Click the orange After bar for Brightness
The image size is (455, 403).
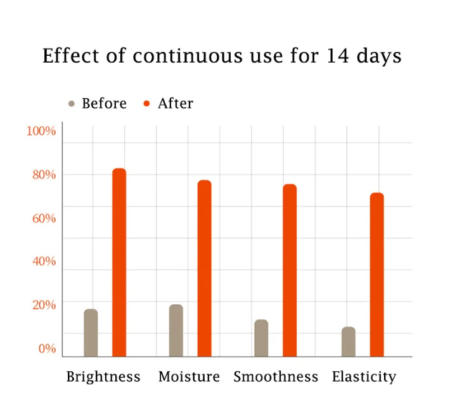(x=119, y=262)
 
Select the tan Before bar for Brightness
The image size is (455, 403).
(x=91, y=333)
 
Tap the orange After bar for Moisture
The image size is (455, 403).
(x=204, y=268)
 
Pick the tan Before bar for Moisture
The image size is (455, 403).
(x=176, y=330)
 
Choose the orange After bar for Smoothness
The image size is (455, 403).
(x=290, y=270)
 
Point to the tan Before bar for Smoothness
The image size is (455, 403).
(x=261, y=338)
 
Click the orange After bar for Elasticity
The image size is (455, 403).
(x=377, y=274)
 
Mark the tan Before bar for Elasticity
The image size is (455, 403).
(x=349, y=342)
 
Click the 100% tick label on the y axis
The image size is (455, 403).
(x=41, y=131)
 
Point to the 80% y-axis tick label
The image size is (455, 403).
(x=44, y=175)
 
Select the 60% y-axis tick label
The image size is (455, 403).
(x=44, y=219)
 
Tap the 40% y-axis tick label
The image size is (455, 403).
(x=44, y=262)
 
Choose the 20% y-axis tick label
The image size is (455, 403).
(x=44, y=305)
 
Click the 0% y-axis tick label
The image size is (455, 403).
(x=47, y=349)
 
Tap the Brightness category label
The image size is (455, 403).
(x=103, y=377)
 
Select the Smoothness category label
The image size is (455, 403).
(x=276, y=377)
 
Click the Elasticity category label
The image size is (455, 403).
(x=364, y=377)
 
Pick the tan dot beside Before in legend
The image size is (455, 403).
(x=72, y=104)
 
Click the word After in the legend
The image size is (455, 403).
(x=176, y=104)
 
